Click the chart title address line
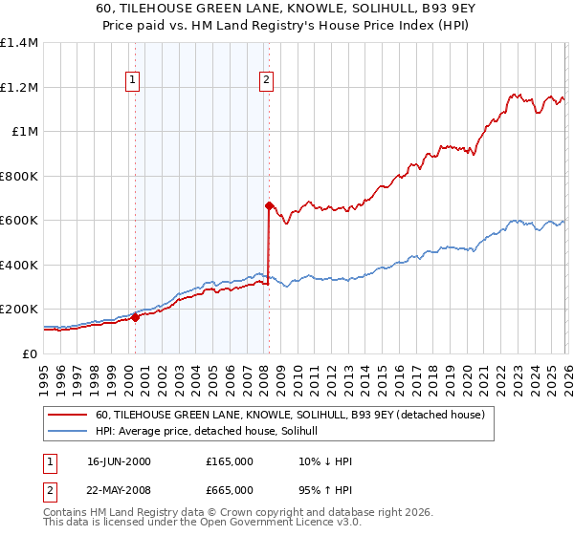[x=287, y=8]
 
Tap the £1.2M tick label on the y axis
[x=19, y=87]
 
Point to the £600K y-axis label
[x=18, y=221]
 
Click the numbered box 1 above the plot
[x=132, y=80]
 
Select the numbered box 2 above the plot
[x=265, y=80]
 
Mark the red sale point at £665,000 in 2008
[x=269, y=204]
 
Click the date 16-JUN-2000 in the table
[x=119, y=461]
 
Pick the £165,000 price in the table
[x=230, y=461]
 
